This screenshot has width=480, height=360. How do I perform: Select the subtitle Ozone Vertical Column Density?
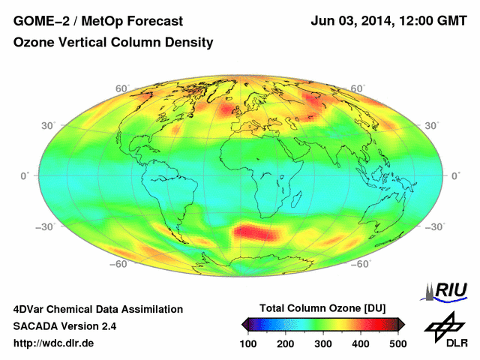point(113,43)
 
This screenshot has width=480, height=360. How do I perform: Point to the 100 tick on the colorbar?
point(248,343)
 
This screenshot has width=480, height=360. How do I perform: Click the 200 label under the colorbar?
point(285,343)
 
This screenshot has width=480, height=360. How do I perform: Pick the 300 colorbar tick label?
point(322,343)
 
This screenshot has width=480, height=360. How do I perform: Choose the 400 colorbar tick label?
point(360,343)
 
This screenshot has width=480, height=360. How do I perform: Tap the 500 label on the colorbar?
point(397,343)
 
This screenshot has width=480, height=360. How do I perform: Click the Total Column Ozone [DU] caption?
point(322,308)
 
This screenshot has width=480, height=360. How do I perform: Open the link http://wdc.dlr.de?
point(54,343)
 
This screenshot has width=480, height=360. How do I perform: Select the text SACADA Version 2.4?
point(65,326)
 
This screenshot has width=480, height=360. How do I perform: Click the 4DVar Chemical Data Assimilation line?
point(98,309)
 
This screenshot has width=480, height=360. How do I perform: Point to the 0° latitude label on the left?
point(25,175)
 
